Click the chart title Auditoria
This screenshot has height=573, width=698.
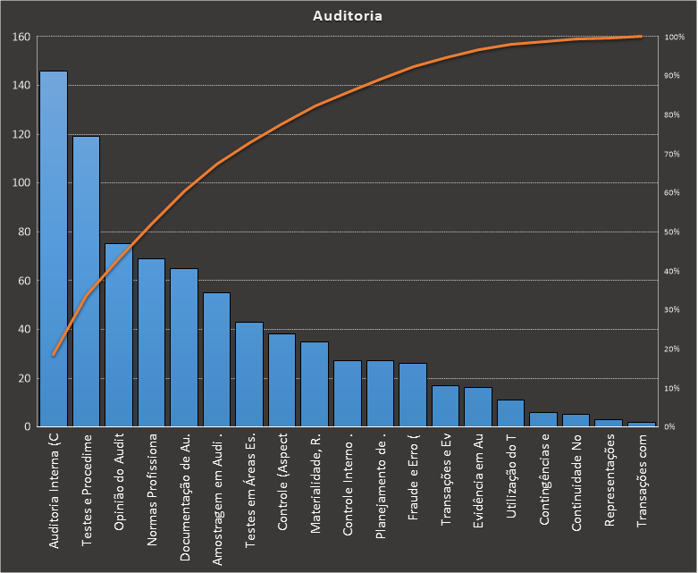pyautogui.click(x=349, y=16)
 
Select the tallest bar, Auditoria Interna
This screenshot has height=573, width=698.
pyautogui.click(x=54, y=250)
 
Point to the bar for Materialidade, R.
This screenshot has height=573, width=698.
pyautogui.click(x=315, y=384)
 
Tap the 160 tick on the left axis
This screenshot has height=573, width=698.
pyautogui.click(x=21, y=37)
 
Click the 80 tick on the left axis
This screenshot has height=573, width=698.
pyautogui.click(x=24, y=232)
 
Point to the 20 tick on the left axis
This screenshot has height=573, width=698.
pyautogui.click(x=24, y=378)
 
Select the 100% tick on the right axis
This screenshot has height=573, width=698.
pyautogui.click(x=675, y=37)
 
